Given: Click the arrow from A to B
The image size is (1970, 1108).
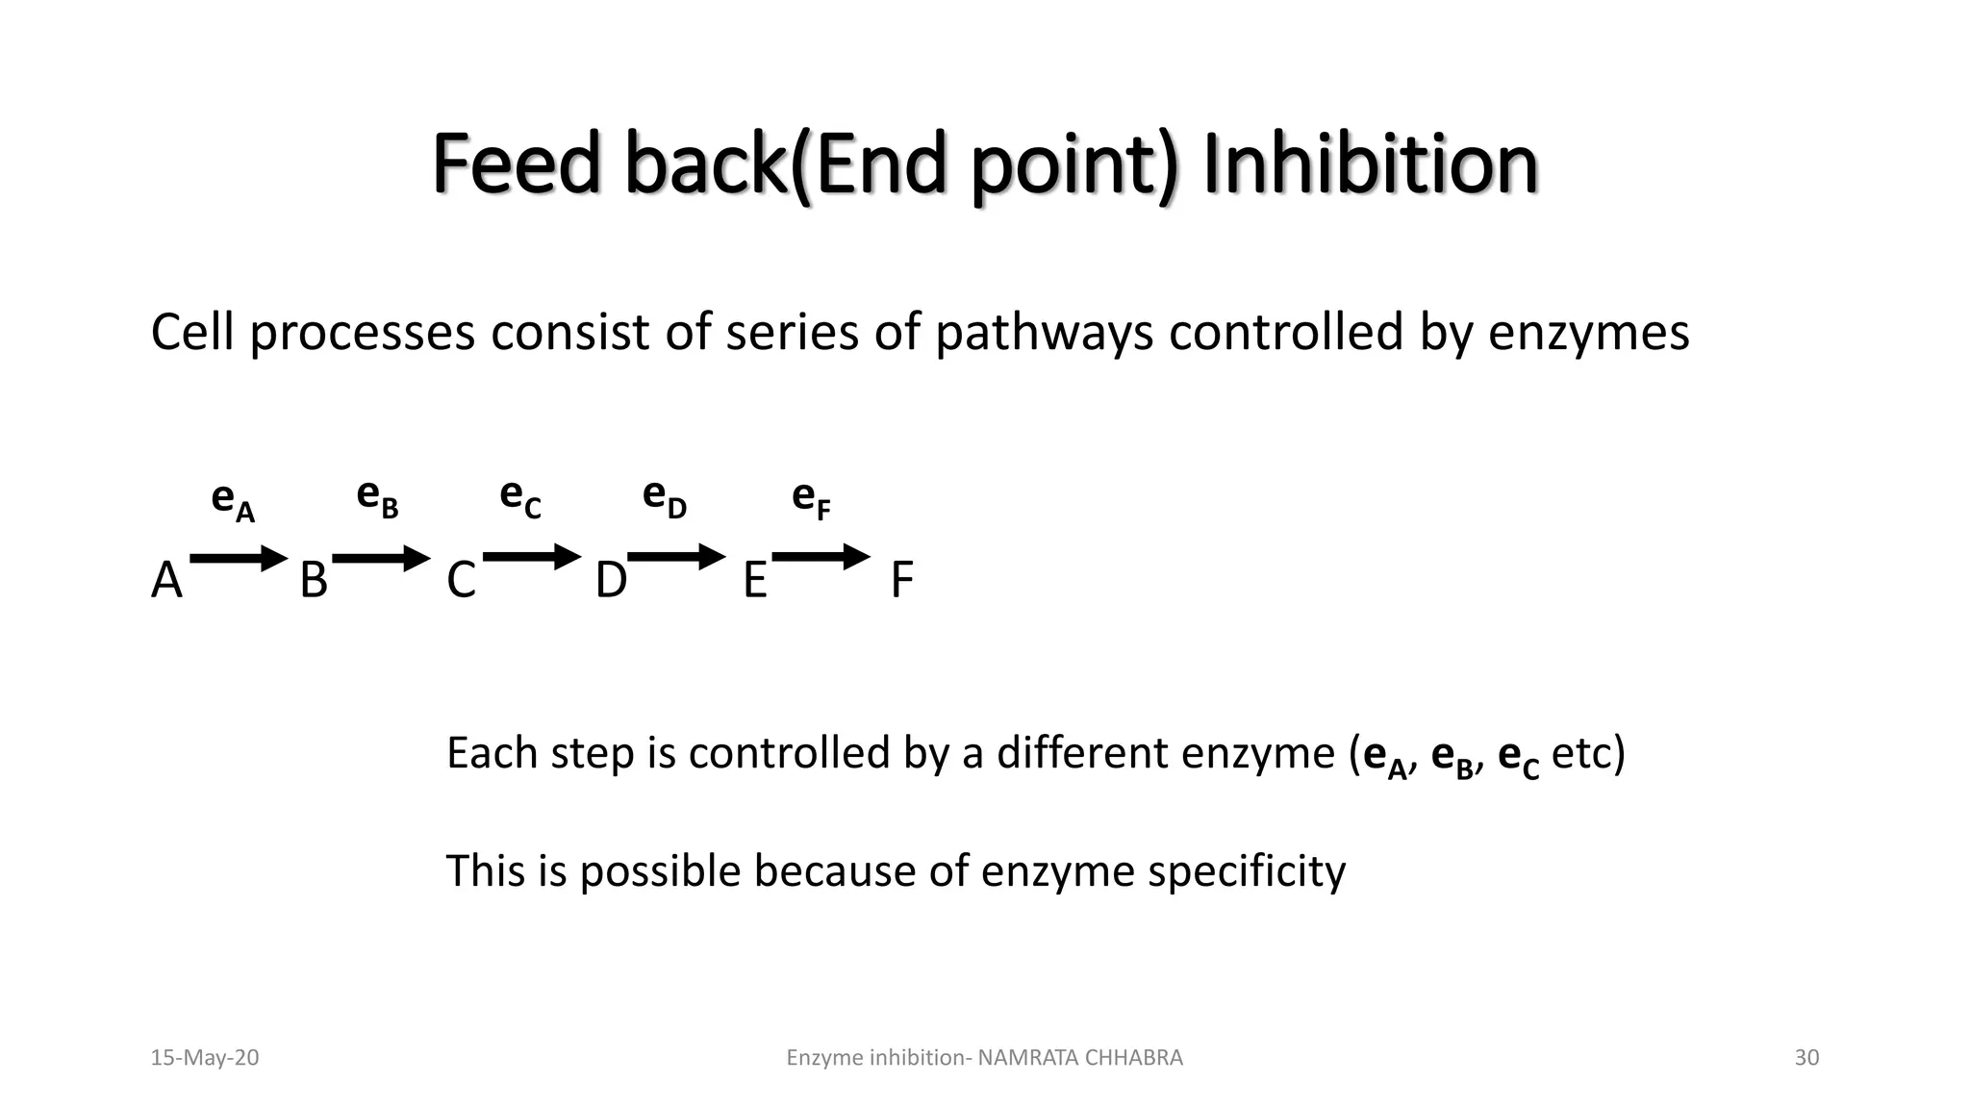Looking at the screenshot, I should coord(239,558).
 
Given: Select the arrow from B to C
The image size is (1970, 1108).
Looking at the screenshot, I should coord(381,558).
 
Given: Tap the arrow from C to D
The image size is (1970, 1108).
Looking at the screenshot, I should coord(532,557).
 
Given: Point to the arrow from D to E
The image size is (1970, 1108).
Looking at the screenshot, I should coord(676,557).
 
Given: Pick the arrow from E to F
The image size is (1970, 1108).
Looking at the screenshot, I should coord(821,557).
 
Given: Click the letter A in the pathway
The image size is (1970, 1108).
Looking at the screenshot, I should coord(166,581).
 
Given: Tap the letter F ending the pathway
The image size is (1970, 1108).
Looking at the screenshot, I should coord(901,581).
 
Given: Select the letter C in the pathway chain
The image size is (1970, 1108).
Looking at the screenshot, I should coord(461,581).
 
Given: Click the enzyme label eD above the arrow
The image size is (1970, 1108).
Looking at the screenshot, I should coord(664,498).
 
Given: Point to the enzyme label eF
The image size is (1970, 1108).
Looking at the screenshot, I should coord(811,499).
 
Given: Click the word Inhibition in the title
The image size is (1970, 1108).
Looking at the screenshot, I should coord(1370,165).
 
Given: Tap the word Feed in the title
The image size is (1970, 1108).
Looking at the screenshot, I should coord(517,165).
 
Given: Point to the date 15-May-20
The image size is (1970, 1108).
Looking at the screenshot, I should coord(205,1058).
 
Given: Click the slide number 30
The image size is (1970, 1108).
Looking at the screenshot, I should coord(1806,1058).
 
